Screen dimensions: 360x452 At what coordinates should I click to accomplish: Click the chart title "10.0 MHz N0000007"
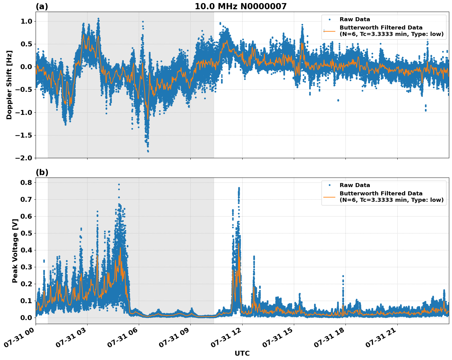coord(240,6)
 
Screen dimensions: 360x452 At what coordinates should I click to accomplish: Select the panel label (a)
coord(42,6)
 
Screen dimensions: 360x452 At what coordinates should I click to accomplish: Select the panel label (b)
coord(42,172)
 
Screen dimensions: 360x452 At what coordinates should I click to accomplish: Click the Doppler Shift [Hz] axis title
coord(9,85)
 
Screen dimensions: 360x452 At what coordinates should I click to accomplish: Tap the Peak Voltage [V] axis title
coord(15,251)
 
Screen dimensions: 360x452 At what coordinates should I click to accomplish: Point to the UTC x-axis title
coord(242,353)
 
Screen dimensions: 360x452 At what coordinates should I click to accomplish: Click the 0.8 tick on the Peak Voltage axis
coord(26,182)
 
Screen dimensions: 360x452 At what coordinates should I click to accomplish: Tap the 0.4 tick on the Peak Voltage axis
coord(26,250)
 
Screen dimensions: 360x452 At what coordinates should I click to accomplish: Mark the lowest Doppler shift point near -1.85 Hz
coord(148,151)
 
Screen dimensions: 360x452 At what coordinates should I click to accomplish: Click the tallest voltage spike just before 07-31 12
coord(239,188)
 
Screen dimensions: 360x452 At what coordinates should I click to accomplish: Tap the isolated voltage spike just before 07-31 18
coord(343,276)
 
